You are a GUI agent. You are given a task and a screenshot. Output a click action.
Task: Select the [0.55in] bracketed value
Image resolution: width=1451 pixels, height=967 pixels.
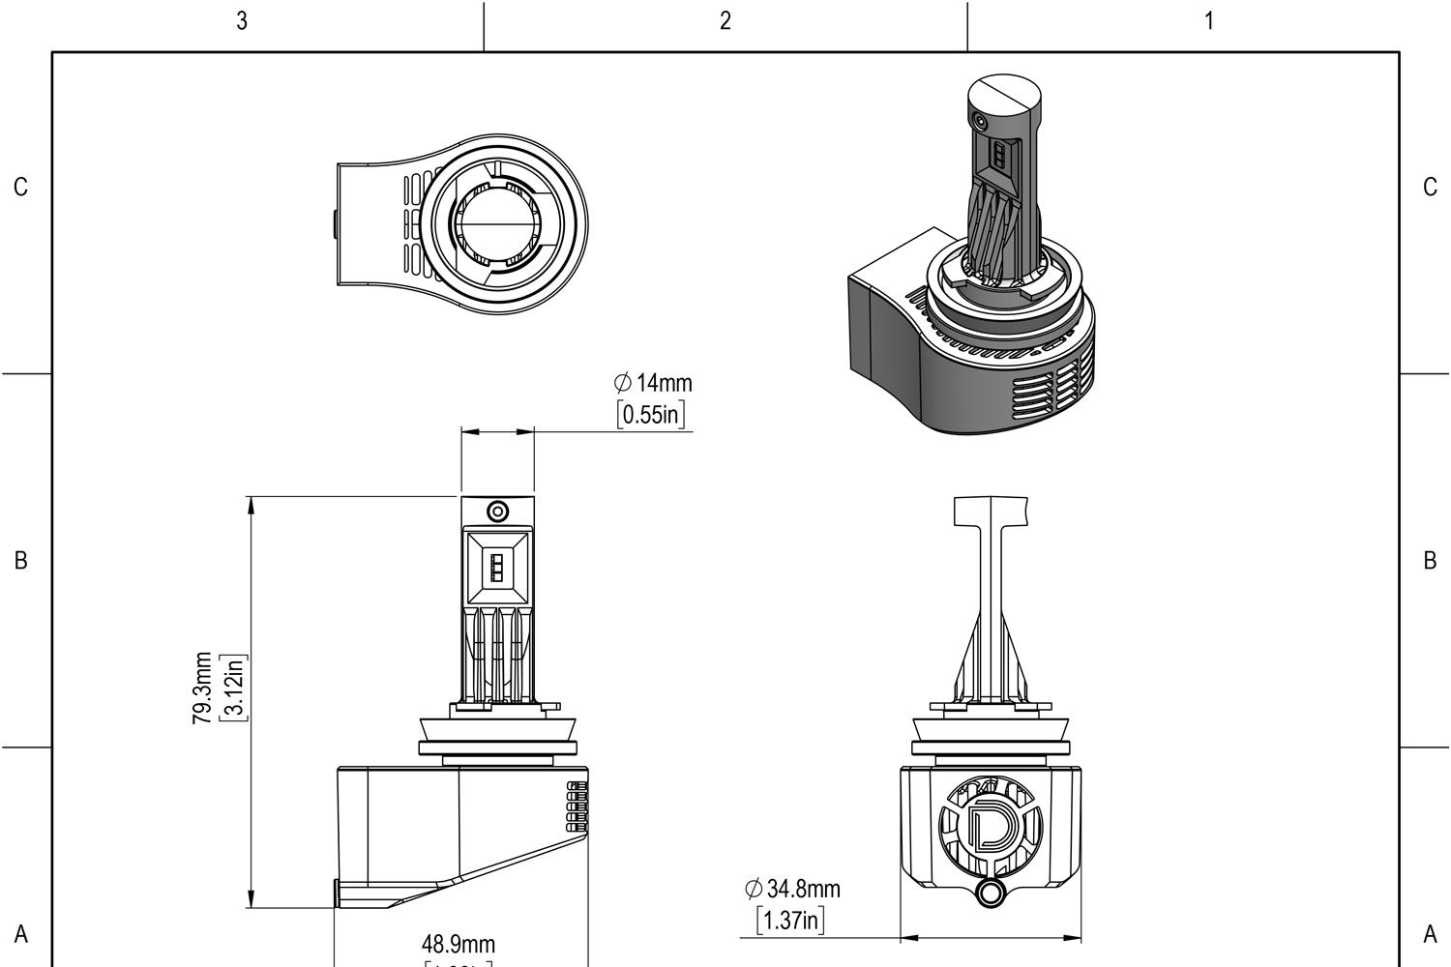tap(653, 415)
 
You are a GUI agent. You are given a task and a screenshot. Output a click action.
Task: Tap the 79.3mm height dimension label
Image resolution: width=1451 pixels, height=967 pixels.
tap(202, 688)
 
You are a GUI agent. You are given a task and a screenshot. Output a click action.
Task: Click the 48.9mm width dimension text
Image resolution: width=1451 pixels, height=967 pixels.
tap(459, 943)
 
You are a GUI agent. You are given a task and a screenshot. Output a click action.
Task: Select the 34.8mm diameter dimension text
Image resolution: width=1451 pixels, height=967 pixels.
tap(792, 888)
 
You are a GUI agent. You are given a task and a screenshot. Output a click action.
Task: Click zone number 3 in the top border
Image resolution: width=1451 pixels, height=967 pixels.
tap(242, 20)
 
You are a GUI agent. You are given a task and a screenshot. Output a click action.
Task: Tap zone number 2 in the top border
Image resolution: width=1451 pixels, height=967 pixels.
tap(725, 20)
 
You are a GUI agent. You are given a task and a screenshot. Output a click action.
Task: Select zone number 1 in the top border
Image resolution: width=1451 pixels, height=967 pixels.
tap(1208, 20)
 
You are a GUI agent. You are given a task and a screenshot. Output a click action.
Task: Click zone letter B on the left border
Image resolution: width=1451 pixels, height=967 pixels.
tap(20, 561)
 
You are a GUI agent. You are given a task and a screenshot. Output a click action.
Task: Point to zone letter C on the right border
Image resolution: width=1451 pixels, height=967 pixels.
tap(1430, 188)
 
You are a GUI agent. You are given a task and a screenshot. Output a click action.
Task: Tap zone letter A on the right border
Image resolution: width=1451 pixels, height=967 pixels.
tap(1430, 934)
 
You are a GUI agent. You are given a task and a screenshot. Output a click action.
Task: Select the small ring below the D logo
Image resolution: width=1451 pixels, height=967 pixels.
tap(990, 893)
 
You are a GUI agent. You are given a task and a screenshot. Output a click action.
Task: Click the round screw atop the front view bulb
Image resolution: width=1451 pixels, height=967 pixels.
tap(497, 511)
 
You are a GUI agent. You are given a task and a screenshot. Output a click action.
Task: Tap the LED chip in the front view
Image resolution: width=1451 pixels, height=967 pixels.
tap(497, 566)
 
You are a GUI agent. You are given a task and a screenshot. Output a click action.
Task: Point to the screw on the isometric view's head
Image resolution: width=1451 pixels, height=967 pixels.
tap(981, 121)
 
